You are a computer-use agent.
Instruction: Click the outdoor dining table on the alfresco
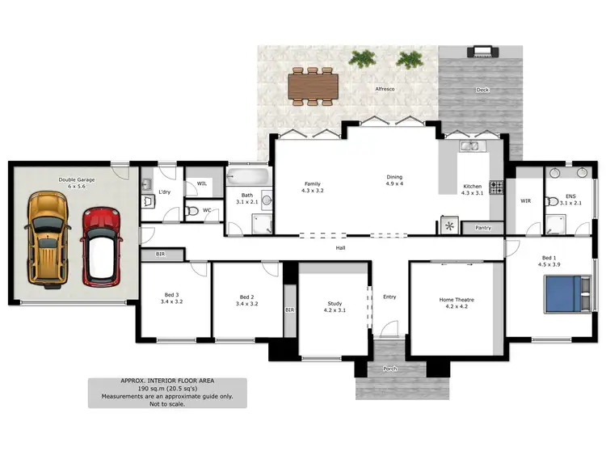(311, 85)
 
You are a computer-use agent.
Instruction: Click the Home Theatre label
(457, 300)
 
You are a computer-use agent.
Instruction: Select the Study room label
(335, 304)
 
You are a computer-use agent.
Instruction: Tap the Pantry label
(484, 228)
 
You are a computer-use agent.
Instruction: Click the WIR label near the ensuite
(525, 200)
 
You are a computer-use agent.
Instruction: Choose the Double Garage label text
(76, 179)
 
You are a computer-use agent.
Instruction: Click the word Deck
(482, 90)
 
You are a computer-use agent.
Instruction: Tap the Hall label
(341, 247)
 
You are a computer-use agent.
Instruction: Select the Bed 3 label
(172, 296)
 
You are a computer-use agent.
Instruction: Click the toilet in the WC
(191, 212)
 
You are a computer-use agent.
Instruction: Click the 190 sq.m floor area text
(168, 389)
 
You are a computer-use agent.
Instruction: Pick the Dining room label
(394, 177)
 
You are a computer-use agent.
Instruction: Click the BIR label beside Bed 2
(289, 310)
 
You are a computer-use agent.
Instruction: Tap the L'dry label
(164, 192)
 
